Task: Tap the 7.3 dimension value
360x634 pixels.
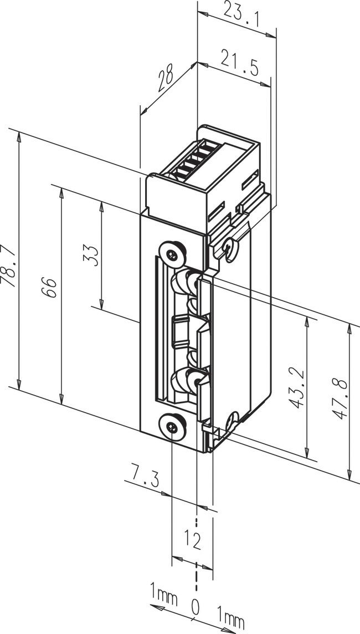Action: (x=140, y=475)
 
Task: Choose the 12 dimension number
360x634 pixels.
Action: (x=192, y=539)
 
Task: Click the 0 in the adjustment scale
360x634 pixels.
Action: (x=195, y=608)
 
